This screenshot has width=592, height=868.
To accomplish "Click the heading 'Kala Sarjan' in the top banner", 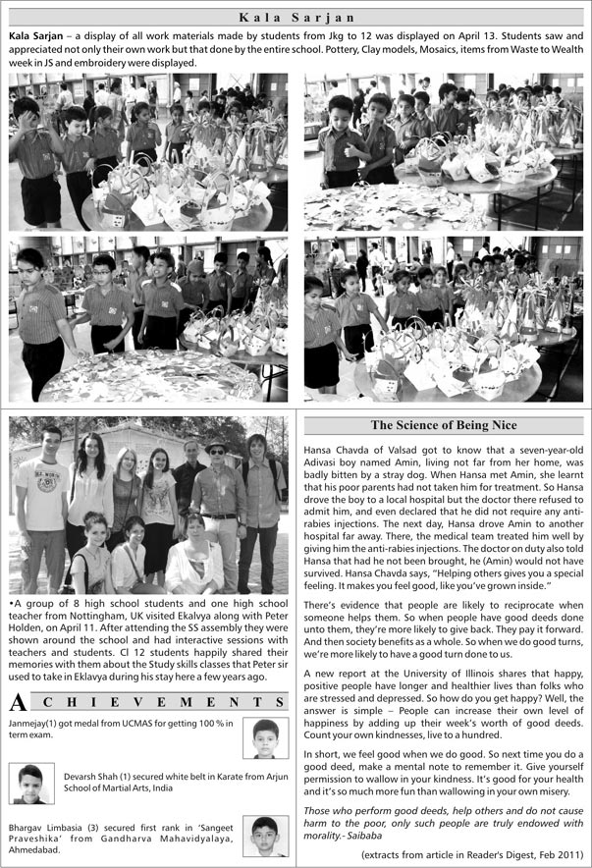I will tap(296, 16).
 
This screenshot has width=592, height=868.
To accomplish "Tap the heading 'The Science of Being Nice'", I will tap(443, 425).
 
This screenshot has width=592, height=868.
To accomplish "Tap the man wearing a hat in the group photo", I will tap(217, 491).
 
